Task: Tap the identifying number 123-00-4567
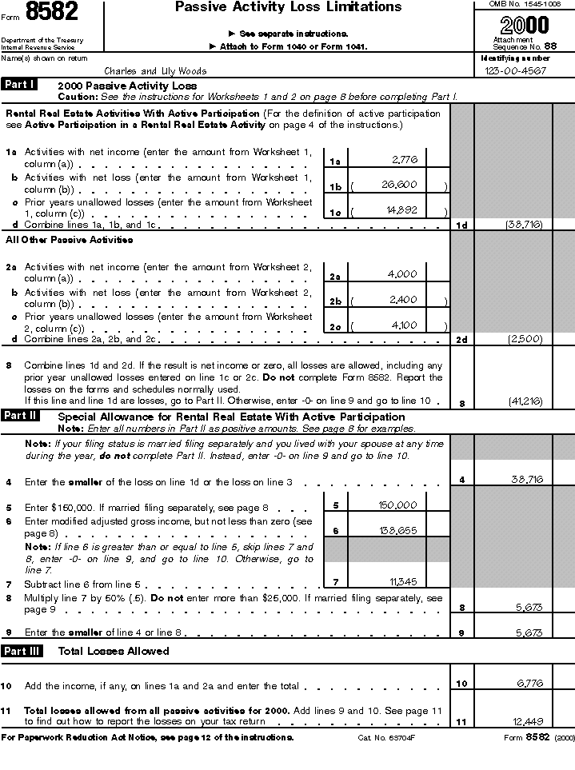pyautogui.click(x=515, y=70)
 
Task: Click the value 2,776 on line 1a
pyautogui.click(x=405, y=160)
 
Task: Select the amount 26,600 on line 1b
pyautogui.click(x=399, y=186)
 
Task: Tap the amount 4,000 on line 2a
pyautogui.click(x=401, y=274)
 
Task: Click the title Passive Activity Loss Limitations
pyautogui.click(x=288, y=7)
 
